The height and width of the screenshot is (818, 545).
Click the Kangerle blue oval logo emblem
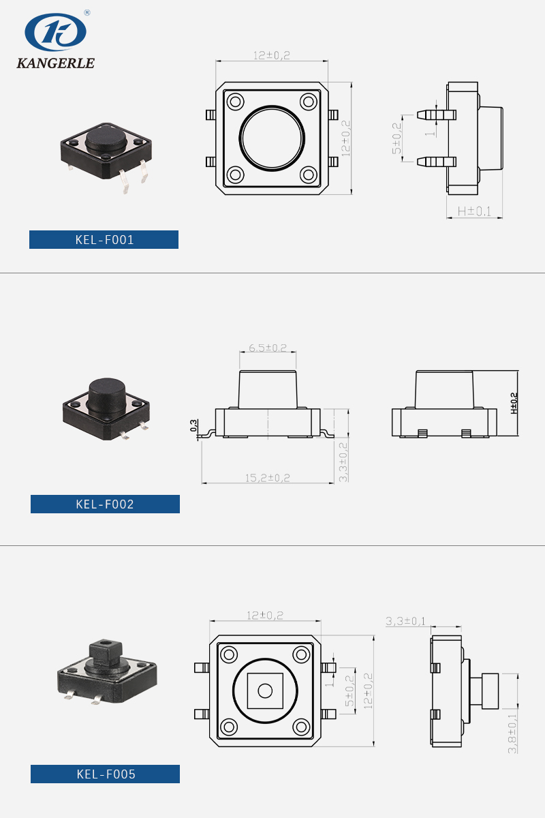click(55, 32)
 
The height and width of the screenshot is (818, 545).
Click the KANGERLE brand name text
click(55, 63)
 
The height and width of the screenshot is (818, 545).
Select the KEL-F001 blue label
click(104, 239)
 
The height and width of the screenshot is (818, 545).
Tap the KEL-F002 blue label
click(105, 504)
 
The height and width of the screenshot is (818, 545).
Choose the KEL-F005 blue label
click(105, 774)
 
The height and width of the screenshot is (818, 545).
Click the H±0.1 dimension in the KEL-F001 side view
click(474, 211)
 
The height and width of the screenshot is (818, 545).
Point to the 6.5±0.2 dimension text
click(268, 347)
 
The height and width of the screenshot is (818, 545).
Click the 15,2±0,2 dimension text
click(268, 478)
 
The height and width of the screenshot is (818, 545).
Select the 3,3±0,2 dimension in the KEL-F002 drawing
click(343, 462)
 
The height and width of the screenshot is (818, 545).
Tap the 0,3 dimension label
click(194, 425)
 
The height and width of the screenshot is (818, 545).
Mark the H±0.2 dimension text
click(514, 403)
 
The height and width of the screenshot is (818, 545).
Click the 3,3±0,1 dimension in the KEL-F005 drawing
click(405, 621)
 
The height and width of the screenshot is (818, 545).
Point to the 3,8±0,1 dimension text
click(512, 733)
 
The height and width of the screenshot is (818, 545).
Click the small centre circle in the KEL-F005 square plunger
click(265, 691)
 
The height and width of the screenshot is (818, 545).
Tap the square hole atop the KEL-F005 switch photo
click(106, 642)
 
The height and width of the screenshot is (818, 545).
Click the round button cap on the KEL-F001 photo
click(106, 138)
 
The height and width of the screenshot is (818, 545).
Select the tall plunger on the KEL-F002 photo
click(106, 397)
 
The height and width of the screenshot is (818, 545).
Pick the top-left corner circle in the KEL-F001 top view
click(236, 101)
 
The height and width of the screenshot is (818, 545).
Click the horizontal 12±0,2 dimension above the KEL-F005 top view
click(265, 616)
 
